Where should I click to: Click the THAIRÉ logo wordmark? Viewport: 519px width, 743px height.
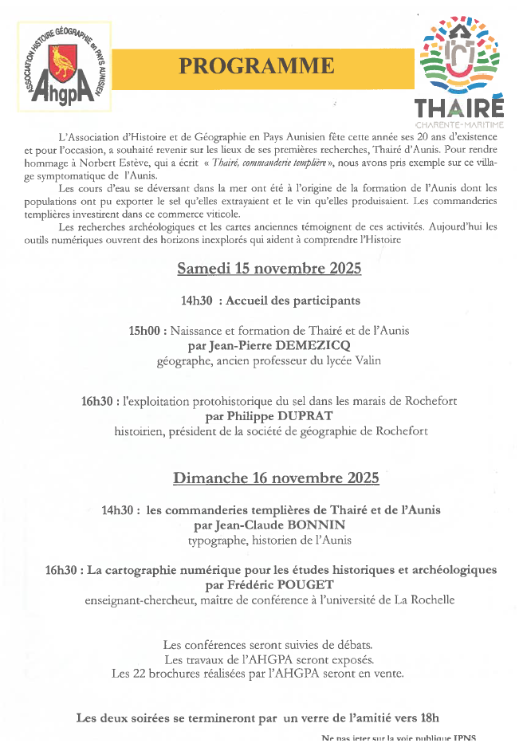(x=458, y=107)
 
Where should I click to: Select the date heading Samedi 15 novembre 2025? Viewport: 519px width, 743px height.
(x=269, y=269)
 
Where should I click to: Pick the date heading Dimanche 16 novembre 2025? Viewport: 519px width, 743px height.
(x=276, y=478)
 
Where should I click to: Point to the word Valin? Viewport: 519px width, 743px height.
(x=365, y=360)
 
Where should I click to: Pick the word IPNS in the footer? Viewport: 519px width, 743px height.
(x=470, y=737)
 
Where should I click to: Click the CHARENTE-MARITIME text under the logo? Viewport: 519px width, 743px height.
(x=460, y=124)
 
